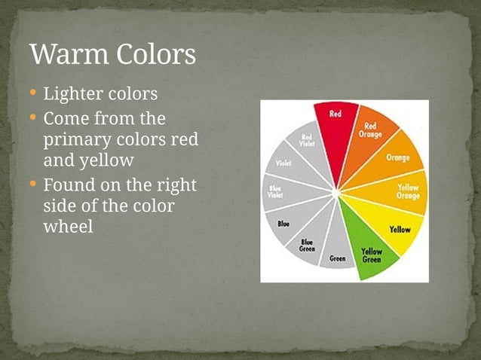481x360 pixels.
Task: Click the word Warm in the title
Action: point(71,54)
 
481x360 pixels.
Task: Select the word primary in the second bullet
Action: point(77,140)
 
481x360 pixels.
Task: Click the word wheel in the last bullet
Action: point(69,227)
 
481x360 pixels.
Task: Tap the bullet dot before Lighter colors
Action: point(33,94)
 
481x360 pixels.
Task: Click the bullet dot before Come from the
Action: point(33,119)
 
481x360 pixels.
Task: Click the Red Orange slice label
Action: point(372,130)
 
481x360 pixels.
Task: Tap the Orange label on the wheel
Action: point(398,157)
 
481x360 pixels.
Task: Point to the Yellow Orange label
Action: point(408,191)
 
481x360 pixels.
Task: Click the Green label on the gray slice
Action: point(337,258)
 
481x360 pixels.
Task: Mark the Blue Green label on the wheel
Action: point(308,246)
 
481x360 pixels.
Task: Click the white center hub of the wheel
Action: point(335,193)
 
